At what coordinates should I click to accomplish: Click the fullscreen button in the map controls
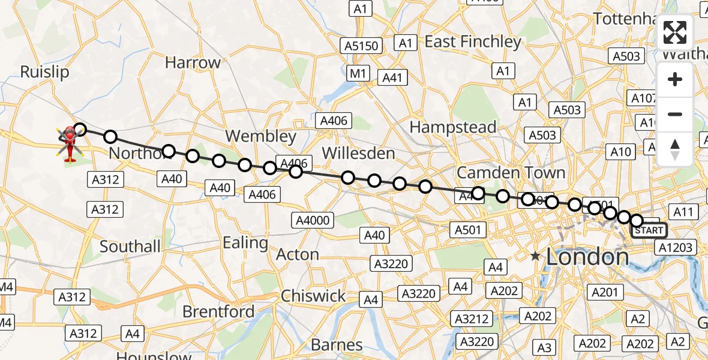(675, 32)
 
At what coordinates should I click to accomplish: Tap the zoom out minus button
(675, 114)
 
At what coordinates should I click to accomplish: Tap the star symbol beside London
(535, 256)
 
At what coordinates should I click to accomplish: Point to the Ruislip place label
(44, 72)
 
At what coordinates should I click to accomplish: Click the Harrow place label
(193, 62)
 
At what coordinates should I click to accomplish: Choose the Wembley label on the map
(260, 136)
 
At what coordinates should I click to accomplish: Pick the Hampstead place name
(452, 127)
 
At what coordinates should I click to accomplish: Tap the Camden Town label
(511, 173)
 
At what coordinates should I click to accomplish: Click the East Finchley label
(473, 42)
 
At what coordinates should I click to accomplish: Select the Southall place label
(130, 247)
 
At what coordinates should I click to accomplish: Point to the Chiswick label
(313, 296)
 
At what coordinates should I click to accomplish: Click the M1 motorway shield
(358, 73)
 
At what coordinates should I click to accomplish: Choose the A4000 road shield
(313, 220)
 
